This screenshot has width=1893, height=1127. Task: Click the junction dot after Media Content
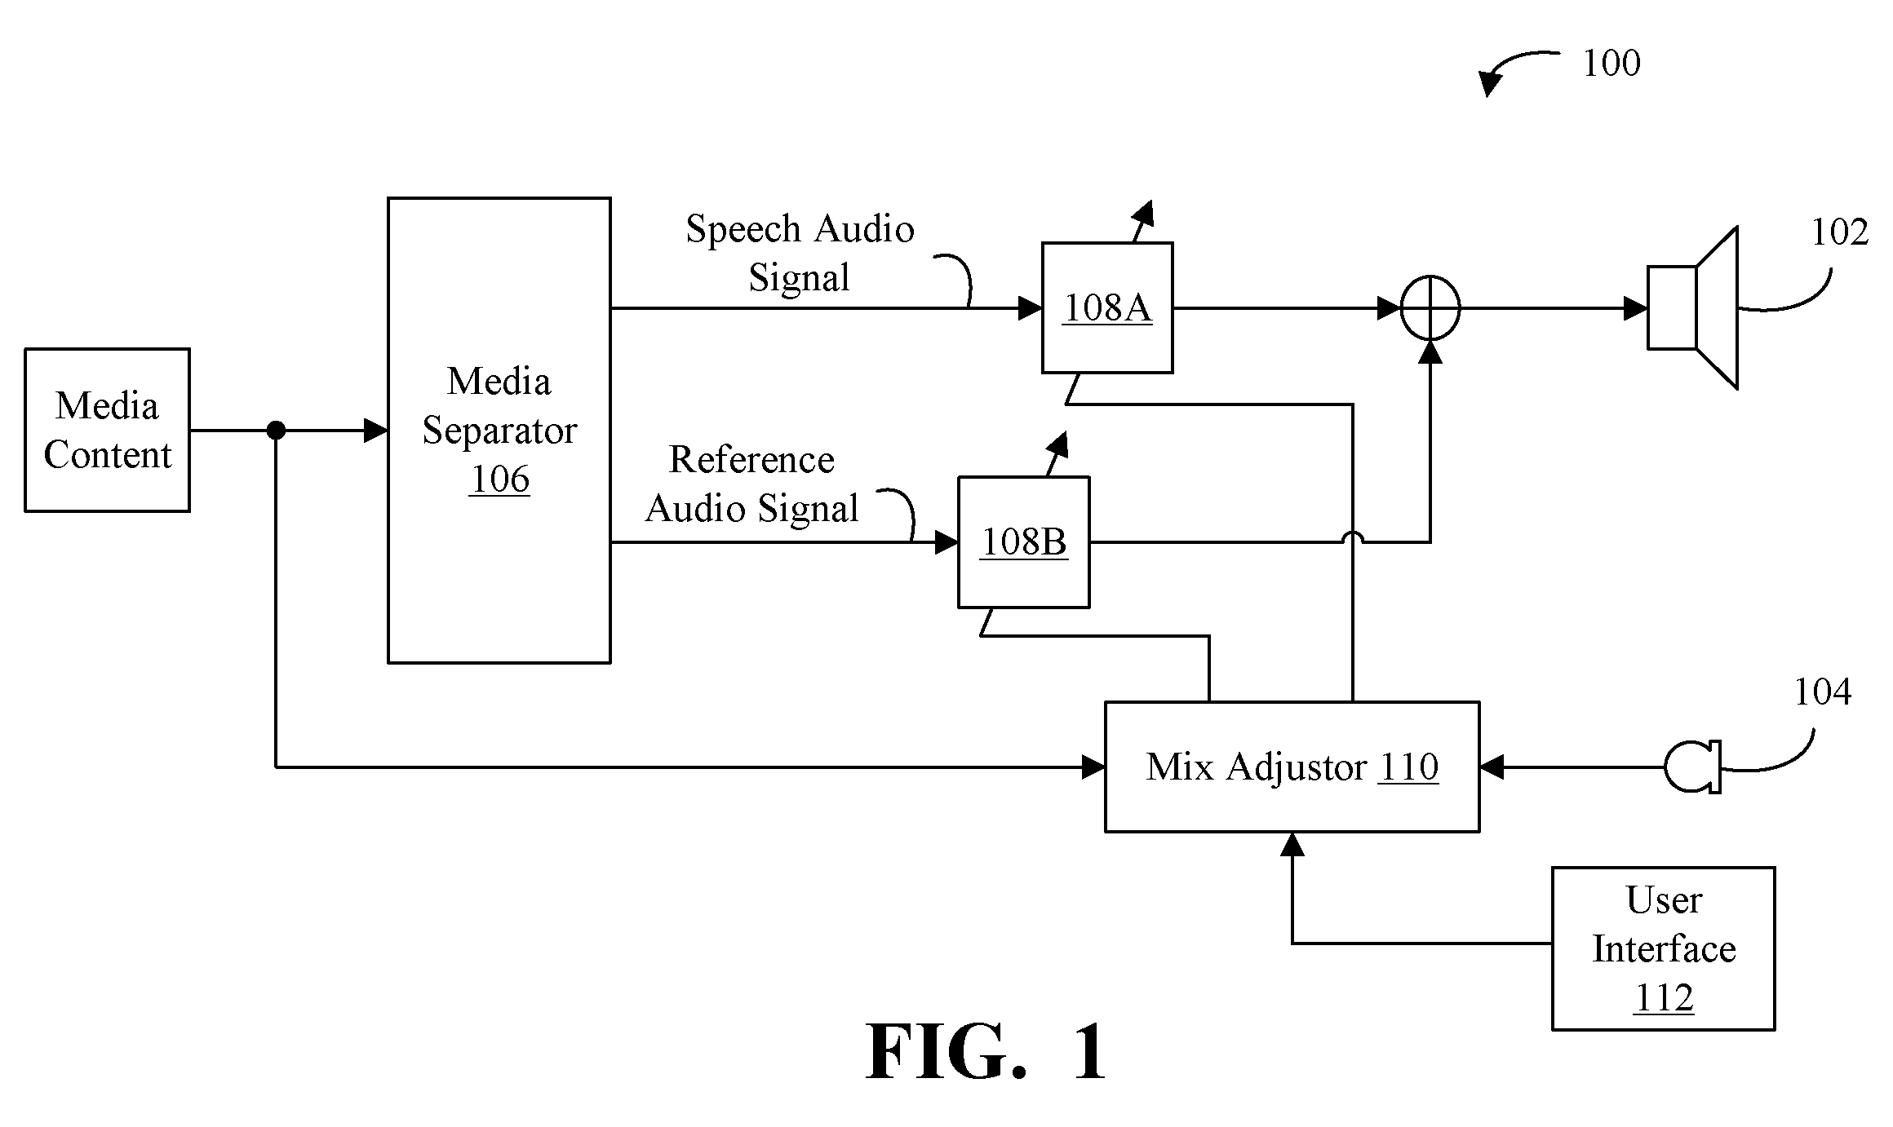click(277, 430)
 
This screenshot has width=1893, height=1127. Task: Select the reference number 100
click(1611, 64)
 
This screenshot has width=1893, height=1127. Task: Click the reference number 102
click(1840, 233)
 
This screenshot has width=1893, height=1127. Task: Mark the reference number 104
click(1822, 692)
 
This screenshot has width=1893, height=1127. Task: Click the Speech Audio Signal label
click(800, 253)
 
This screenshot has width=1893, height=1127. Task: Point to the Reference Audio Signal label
click(751, 484)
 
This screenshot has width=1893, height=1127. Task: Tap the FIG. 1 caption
click(986, 1052)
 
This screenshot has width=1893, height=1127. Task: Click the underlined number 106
click(499, 479)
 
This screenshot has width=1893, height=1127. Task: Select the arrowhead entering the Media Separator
click(375, 430)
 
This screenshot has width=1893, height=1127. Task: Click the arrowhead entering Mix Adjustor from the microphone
click(1492, 767)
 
